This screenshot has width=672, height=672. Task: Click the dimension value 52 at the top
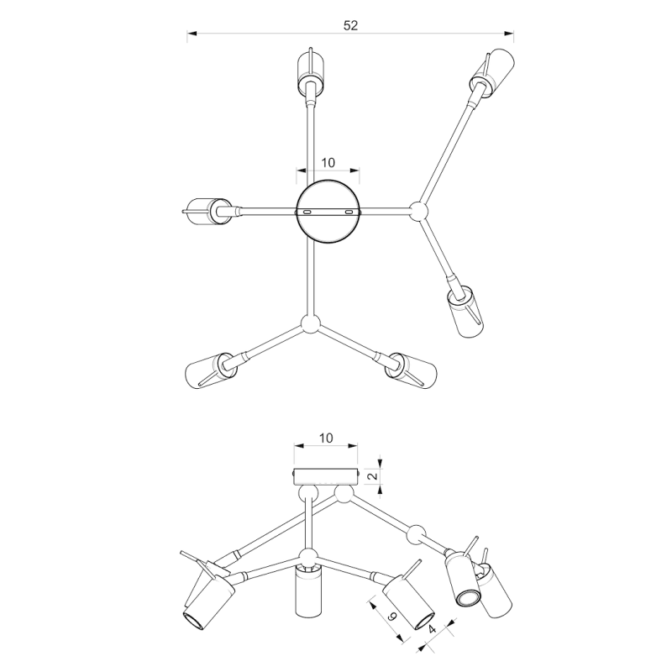350,26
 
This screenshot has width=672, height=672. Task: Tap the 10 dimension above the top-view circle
328,163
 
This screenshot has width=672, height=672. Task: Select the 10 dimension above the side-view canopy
326,438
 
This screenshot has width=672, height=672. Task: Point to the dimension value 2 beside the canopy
373,475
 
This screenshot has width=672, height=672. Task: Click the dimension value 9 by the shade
391,617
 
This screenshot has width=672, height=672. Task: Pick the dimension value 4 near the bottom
432,629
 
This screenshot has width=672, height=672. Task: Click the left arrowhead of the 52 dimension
192,33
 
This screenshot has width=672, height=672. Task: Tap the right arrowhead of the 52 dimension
509,33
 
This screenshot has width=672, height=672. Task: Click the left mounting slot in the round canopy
307,213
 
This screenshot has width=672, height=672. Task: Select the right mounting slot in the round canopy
349,213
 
